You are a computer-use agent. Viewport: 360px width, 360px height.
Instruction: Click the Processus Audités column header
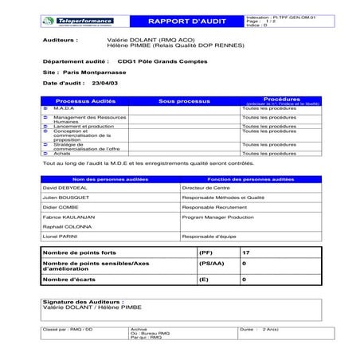[x=88, y=102]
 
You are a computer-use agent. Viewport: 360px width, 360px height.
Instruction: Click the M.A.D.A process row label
[x=65, y=108]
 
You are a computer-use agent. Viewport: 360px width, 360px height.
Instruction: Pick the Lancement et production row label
[x=84, y=126]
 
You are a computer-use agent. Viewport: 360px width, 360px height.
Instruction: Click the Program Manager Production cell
[x=217, y=215]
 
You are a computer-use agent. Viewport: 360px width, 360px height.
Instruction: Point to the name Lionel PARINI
[x=61, y=237]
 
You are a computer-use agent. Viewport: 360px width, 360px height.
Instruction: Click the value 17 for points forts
[x=245, y=252]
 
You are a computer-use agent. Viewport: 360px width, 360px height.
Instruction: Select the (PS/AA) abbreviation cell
[x=211, y=263]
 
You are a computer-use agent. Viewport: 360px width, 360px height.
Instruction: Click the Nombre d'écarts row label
[x=70, y=280]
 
